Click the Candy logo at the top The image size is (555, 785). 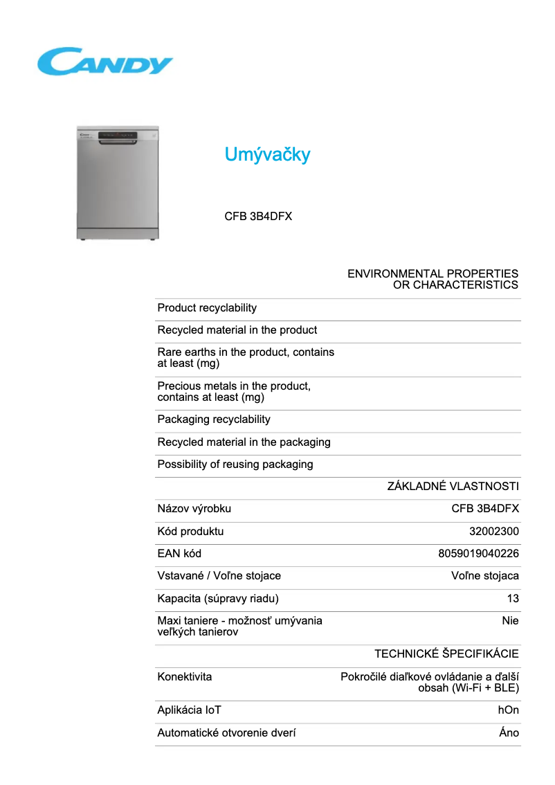[x=104, y=62]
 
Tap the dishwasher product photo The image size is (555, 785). [x=118, y=183]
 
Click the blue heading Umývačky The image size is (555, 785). [x=267, y=154]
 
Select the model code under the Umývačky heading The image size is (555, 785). [x=258, y=216]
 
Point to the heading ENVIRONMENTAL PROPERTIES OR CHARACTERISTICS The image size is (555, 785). [x=433, y=279]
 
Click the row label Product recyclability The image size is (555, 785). [x=207, y=307]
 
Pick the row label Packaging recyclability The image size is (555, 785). [x=214, y=419]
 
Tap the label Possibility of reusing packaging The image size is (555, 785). [x=235, y=464]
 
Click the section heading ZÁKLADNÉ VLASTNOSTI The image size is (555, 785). [x=453, y=487]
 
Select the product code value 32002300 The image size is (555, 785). [x=494, y=531]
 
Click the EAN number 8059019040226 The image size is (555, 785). [x=478, y=553]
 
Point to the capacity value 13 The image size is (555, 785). [x=512, y=598]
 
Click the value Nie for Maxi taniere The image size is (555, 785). [x=510, y=620]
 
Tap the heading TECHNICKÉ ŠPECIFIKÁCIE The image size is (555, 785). [x=446, y=653]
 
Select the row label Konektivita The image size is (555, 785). [x=185, y=676]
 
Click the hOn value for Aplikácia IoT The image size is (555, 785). [x=508, y=710]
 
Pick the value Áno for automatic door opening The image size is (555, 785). [x=509, y=732]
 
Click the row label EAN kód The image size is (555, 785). [x=179, y=553]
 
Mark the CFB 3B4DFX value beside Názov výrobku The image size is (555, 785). [x=485, y=509]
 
